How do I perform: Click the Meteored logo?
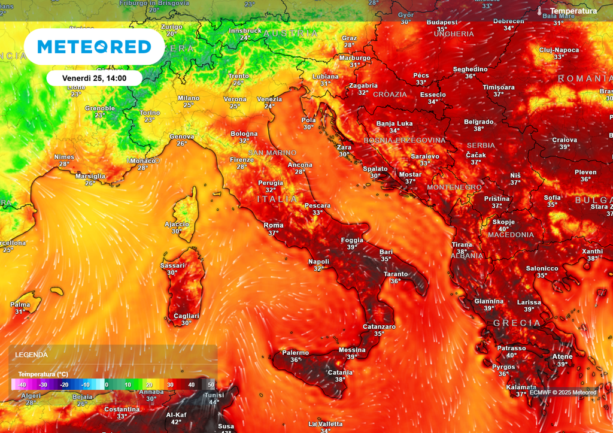[x=94, y=47]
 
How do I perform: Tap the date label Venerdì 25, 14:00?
[x=94, y=78]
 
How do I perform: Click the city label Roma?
[x=274, y=225]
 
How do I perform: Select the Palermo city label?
[x=296, y=353]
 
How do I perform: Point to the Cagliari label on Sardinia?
[x=186, y=316]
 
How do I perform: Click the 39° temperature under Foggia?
[x=352, y=247]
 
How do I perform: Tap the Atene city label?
[x=562, y=356]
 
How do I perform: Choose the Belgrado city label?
[x=479, y=122]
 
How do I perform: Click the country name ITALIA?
[x=277, y=199]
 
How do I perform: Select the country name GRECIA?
[x=517, y=323]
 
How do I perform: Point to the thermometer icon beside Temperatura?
[x=540, y=11]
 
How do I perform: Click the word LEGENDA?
[x=31, y=355]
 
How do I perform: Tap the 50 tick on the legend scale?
[x=211, y=384]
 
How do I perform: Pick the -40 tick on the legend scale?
[x=22, y=384]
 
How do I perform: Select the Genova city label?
[x=181, y=136]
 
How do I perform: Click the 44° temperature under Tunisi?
[x=214, y=402]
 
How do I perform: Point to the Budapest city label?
[x=442, y=22]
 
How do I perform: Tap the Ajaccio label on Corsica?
[x=177, y=224]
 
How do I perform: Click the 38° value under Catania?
[x=340, y=379]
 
